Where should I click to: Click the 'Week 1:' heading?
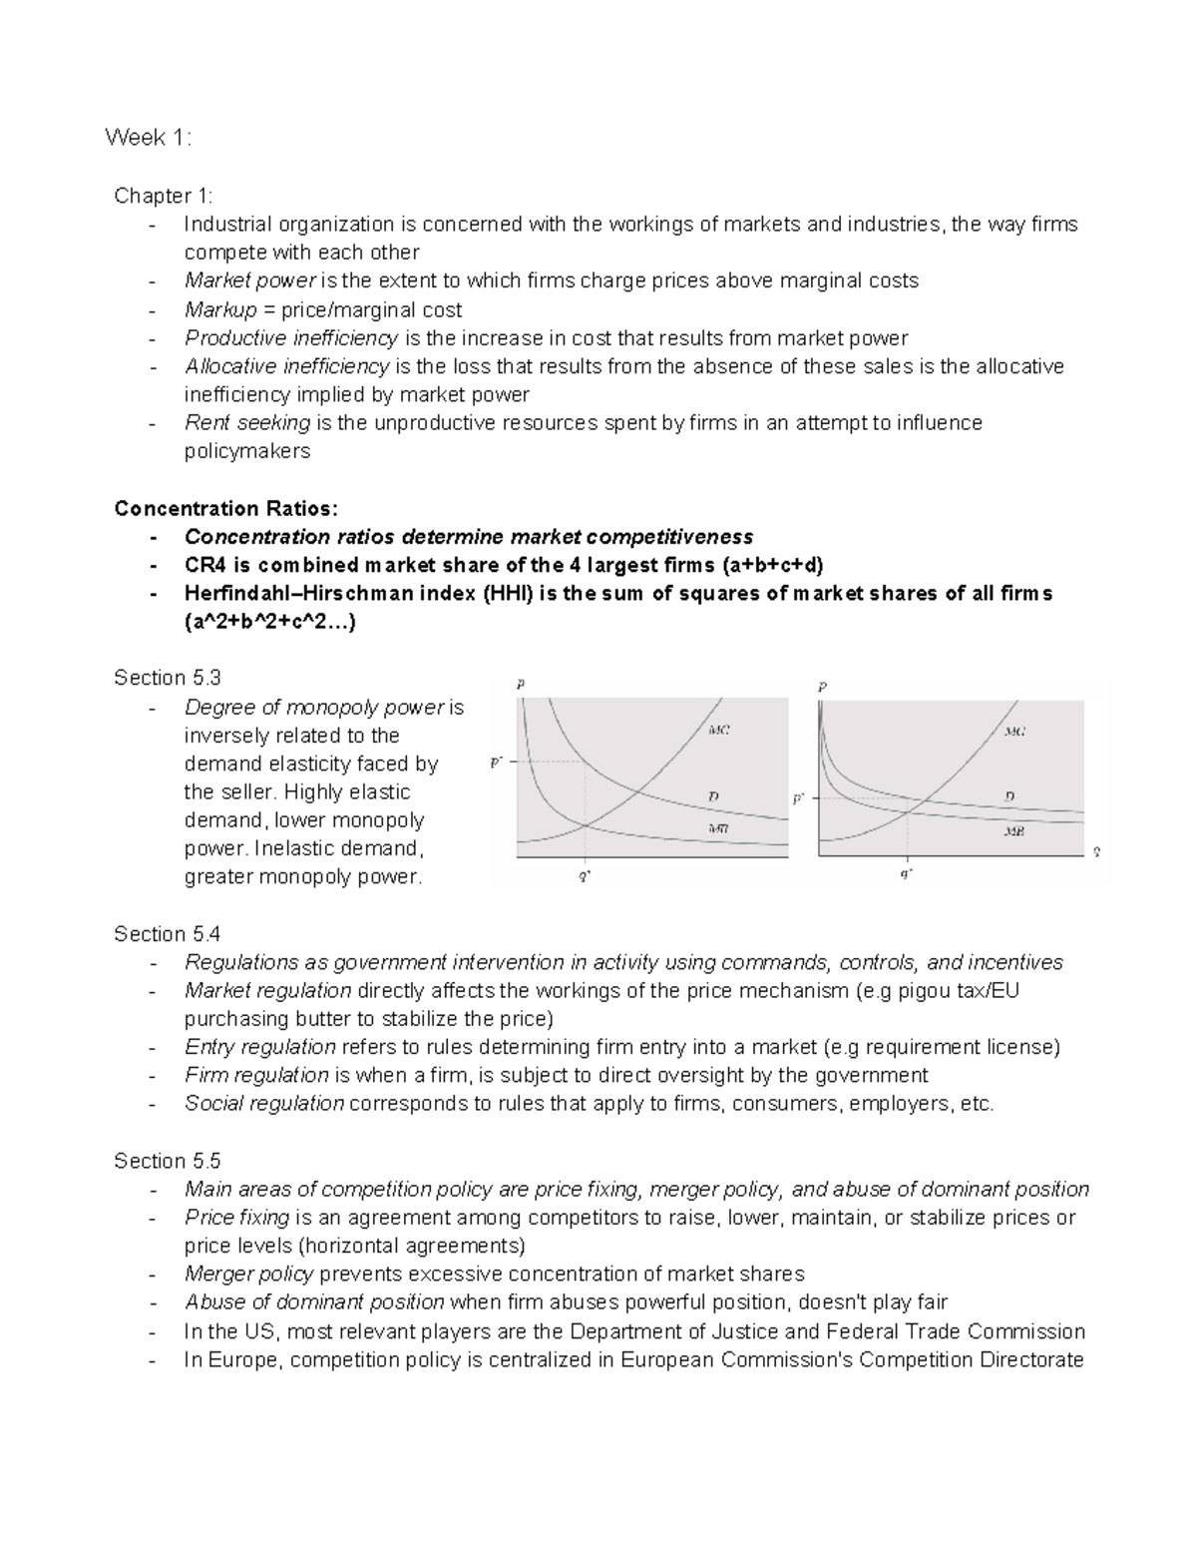tap(149, 138)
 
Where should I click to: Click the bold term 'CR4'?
tap(206, 565)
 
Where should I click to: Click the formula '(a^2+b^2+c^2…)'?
tap(270, 622)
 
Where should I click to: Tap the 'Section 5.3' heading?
tap(167, 679)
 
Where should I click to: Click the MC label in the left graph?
tap(718, 731)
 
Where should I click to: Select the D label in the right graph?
tap(1009, 796)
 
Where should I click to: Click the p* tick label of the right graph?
tap(799, 798)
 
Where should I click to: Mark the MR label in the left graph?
tap(718, 828)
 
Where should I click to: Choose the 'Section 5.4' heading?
tap(167, 934)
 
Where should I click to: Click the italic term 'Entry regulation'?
tap(259, 1047)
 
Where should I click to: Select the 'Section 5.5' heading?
tap(167, 1161)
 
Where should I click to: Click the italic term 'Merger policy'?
tap(248, 1275)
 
